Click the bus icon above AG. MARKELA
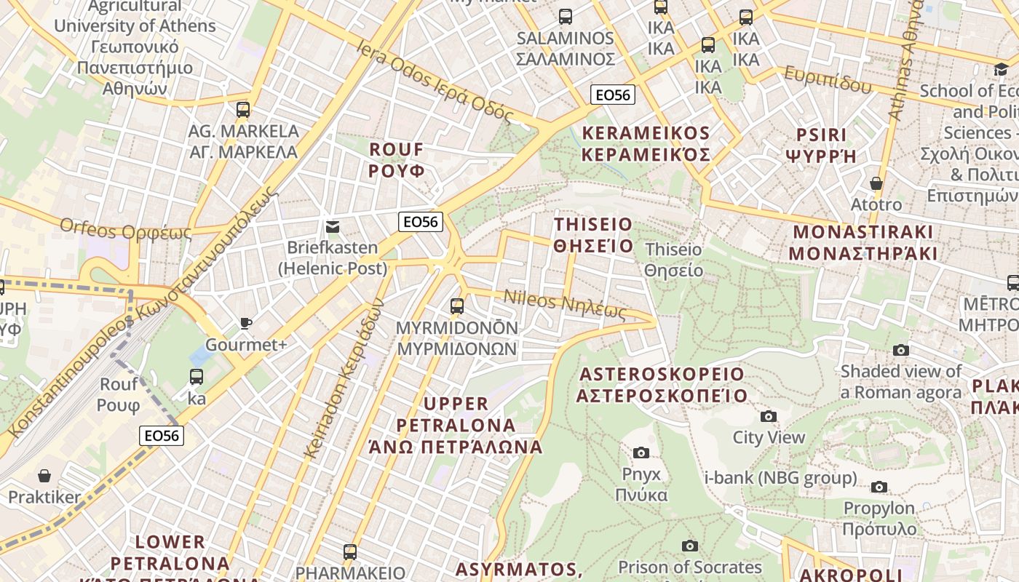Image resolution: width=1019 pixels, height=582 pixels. click(243, 110)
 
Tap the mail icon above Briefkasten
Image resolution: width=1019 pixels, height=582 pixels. click(333, 226)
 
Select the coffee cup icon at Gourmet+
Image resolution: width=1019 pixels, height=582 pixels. click(246, 323)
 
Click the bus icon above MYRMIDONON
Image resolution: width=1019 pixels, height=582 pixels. click(457, 306)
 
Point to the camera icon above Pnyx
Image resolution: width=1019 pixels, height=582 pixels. click(641, 453)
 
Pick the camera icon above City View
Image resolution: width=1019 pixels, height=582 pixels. click(769, 416)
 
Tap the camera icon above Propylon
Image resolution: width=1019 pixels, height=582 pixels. click(879, 487)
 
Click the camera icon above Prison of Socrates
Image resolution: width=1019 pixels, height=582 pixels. click(689, 546)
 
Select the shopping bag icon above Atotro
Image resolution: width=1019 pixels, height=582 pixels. click(876, 183)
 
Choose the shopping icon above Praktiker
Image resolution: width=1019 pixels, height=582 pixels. click(44, 476)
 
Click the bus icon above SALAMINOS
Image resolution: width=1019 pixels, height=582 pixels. click(566, 16)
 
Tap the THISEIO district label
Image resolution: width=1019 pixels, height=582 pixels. click(593, 234)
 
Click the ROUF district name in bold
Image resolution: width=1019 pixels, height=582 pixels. click(397, 160)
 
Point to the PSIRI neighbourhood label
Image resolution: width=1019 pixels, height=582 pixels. click(822, 145)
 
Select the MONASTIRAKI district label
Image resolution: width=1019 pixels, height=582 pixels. click(863, 242)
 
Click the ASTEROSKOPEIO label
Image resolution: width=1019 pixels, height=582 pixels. click(662, 385)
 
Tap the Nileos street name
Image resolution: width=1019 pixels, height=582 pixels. click(565, 303)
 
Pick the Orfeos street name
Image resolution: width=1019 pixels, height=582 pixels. click(125, 230)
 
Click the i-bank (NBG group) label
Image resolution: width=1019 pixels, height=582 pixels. click(781, 478)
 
